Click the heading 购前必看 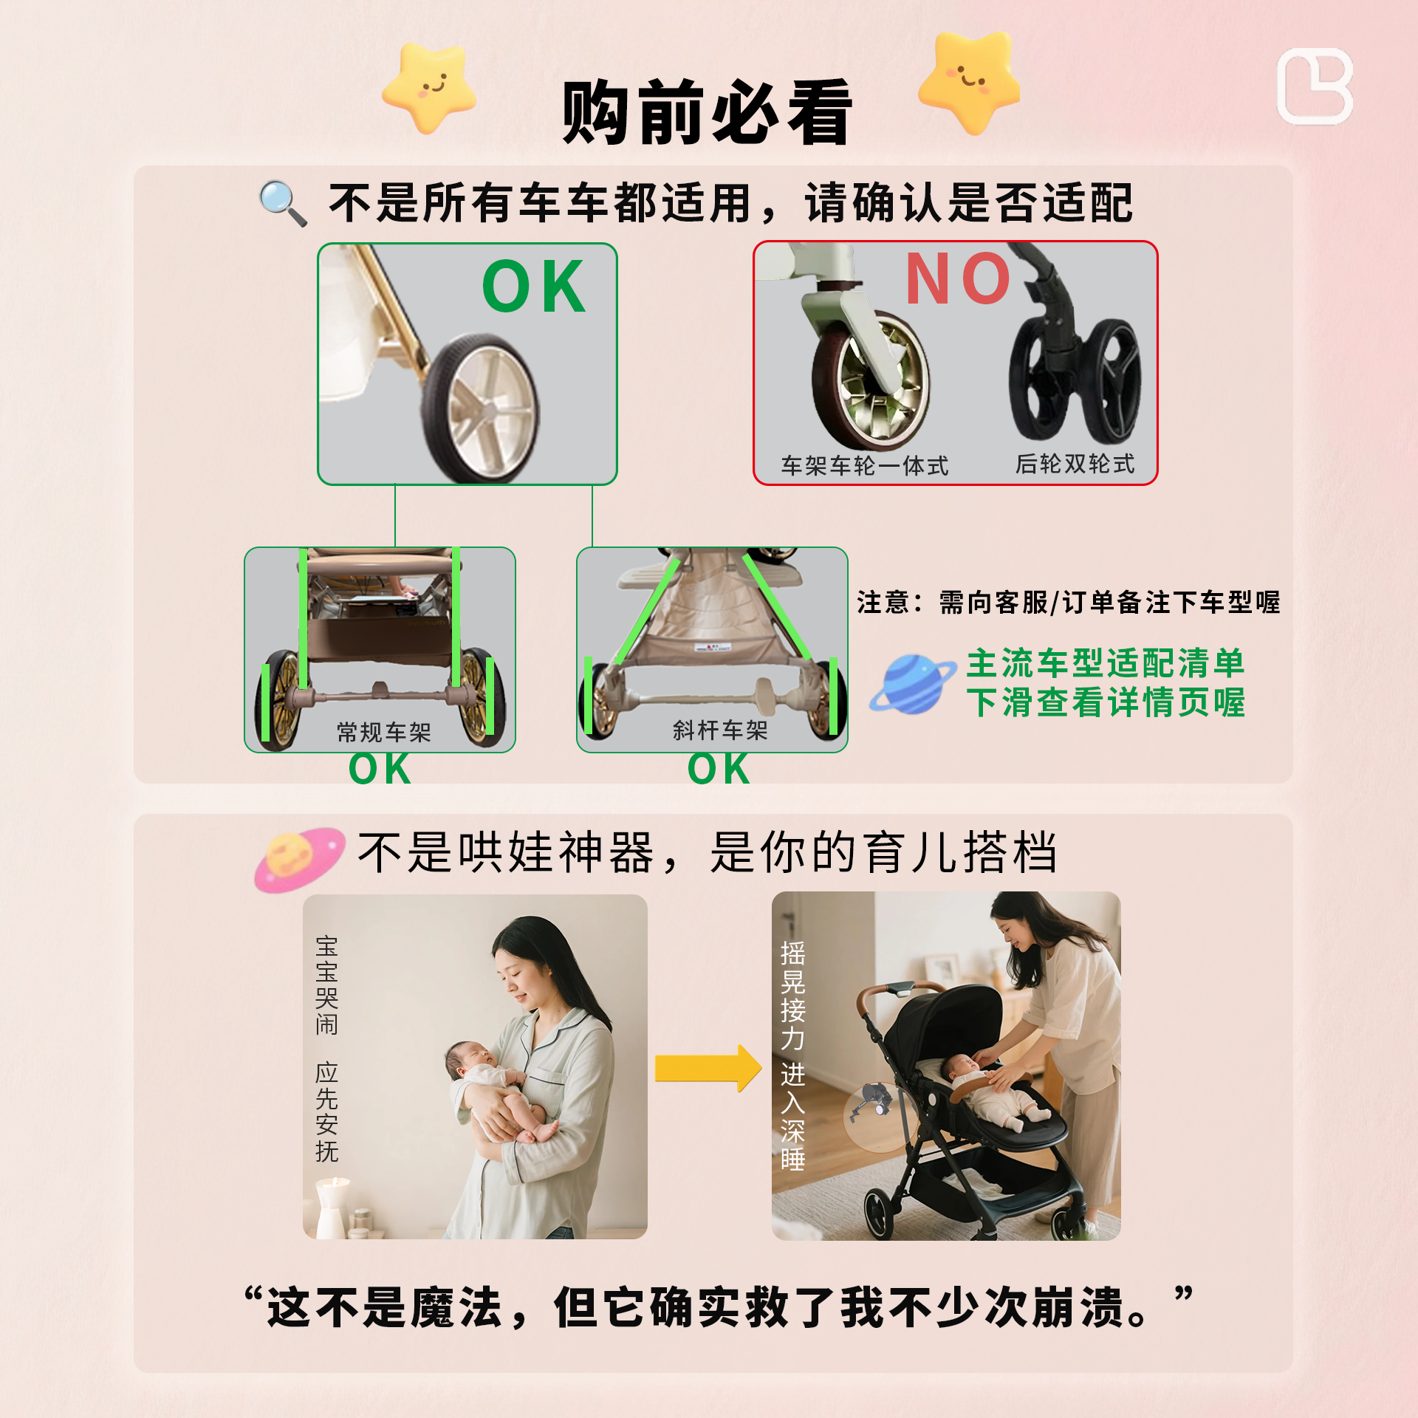coord(707,113)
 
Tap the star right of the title coord(969,81)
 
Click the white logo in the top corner coord(1315,86)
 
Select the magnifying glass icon coord(283,202)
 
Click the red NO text coord(958,279)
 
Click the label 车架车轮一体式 coord(864,466)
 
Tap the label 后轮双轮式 coord(1075,464)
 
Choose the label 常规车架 coord(383,732)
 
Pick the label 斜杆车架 coord(720,730)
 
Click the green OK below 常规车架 coord(380,769)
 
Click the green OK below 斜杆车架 coord(719,769)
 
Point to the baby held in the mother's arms coord(491,1086)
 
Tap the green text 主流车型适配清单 coord(1105,663)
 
